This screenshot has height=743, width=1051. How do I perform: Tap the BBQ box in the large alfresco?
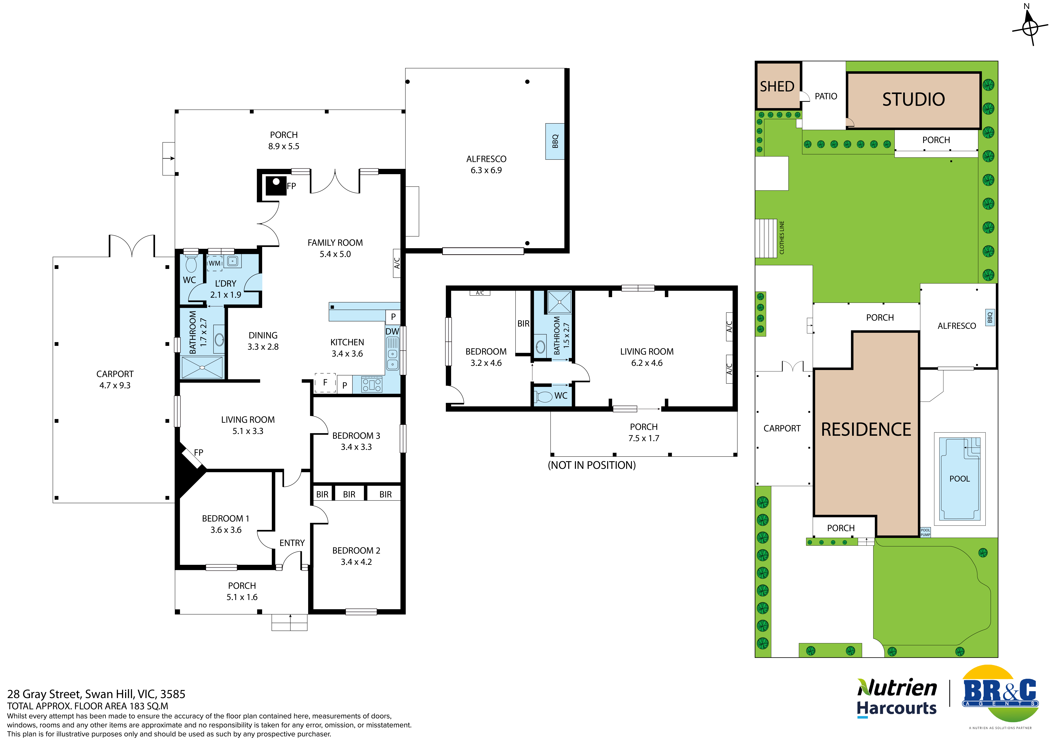(x=555, y=141)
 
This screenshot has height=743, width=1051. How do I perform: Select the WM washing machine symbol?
(x=215, y=264)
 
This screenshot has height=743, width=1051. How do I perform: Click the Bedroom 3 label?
(x=356, y=436)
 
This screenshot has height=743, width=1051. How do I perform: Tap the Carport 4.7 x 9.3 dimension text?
(x=115, y=385)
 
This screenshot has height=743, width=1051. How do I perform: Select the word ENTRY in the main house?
(x=292, y=543)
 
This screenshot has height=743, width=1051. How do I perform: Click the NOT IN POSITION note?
(x=592, y=465)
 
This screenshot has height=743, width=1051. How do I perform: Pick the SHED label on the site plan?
(x=777, y=86)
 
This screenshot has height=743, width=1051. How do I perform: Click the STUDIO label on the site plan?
(x=914, y=99)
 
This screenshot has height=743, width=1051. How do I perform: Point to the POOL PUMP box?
(x=925, y=532)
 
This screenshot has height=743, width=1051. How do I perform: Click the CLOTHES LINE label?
(x=782, y=237)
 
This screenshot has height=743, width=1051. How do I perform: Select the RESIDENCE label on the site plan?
(x=866, y=430)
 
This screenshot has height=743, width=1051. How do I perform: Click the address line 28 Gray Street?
(x=96, y=694)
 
